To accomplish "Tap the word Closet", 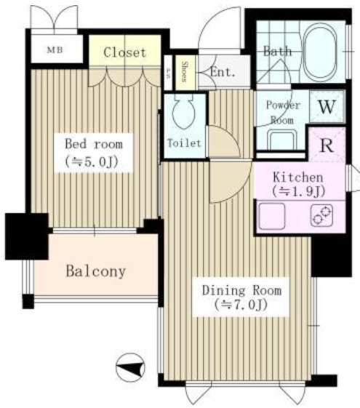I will point(124,52).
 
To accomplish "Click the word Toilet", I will point(185,143).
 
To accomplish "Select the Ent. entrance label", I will point(222,71).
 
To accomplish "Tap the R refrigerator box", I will point(327,143).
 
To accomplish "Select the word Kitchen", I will point(297,177).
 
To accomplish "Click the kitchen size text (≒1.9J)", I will point(297,192).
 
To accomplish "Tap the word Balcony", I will point(95,272).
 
